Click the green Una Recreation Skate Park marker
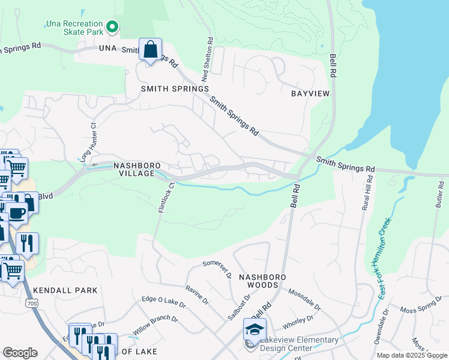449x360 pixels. coord(112,26)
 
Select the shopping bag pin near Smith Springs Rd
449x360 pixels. coord(150,50)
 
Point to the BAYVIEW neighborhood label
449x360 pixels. coord(310,94)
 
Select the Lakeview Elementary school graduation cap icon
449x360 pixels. coord(255,329)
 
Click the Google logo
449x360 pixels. coord(20,353)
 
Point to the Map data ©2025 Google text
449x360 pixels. coord(412,355)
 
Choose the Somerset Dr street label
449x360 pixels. coord(217,267)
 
